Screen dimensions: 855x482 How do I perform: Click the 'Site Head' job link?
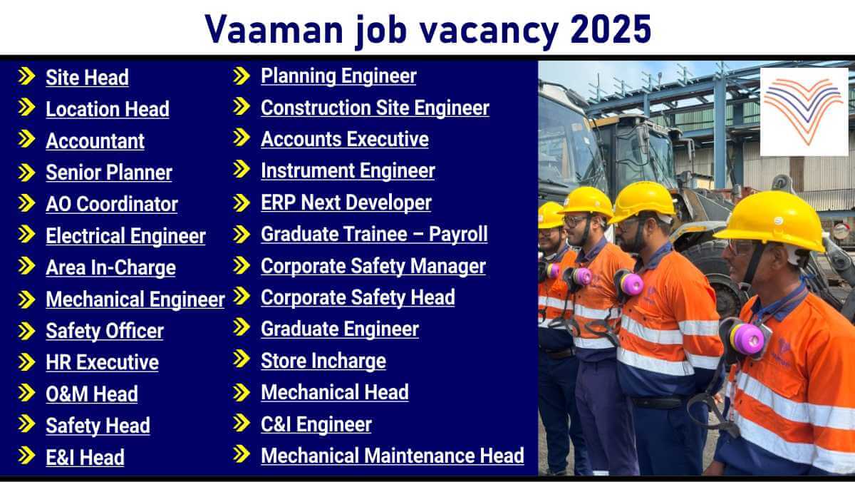(x=87, y=78)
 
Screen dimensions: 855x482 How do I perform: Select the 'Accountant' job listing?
(x=95, y=141)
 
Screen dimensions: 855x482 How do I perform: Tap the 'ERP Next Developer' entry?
(x=346, y=202)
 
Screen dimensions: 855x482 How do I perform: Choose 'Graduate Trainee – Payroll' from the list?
(x=375, y=234)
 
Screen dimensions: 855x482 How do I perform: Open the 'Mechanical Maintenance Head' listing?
(x=393, y=456)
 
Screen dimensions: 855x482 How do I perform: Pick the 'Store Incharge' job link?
(x=323, y=361)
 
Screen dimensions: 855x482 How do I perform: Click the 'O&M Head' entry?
(x=92, y=394)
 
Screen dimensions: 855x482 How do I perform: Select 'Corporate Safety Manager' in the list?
(x=373, y=266)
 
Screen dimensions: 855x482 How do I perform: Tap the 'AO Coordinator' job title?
(x=112, y=204)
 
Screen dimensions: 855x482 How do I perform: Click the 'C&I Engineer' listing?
(x=316, y=424)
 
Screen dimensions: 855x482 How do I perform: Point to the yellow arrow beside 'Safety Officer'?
(x=27, y=331)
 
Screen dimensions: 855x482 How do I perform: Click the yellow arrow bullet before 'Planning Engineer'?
(x=242, y=76)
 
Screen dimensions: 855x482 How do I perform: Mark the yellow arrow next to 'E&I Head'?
(x=27, y=456)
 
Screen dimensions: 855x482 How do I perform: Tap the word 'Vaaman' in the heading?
(x=274, y=29)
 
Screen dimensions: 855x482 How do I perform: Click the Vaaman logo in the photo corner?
(x=804, y=112)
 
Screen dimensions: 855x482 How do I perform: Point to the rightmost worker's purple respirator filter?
(x=747, y=339)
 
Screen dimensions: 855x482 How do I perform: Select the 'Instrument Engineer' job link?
(x=348, y=170)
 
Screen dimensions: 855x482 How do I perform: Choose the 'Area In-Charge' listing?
(x=110, y=267)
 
